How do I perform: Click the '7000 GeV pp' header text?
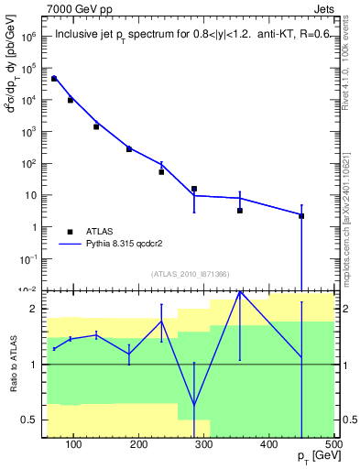(75, 7)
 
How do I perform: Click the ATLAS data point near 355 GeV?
(240, 211)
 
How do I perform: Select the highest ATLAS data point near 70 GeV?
(54, 79)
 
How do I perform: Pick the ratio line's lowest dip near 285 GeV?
(194, 406)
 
